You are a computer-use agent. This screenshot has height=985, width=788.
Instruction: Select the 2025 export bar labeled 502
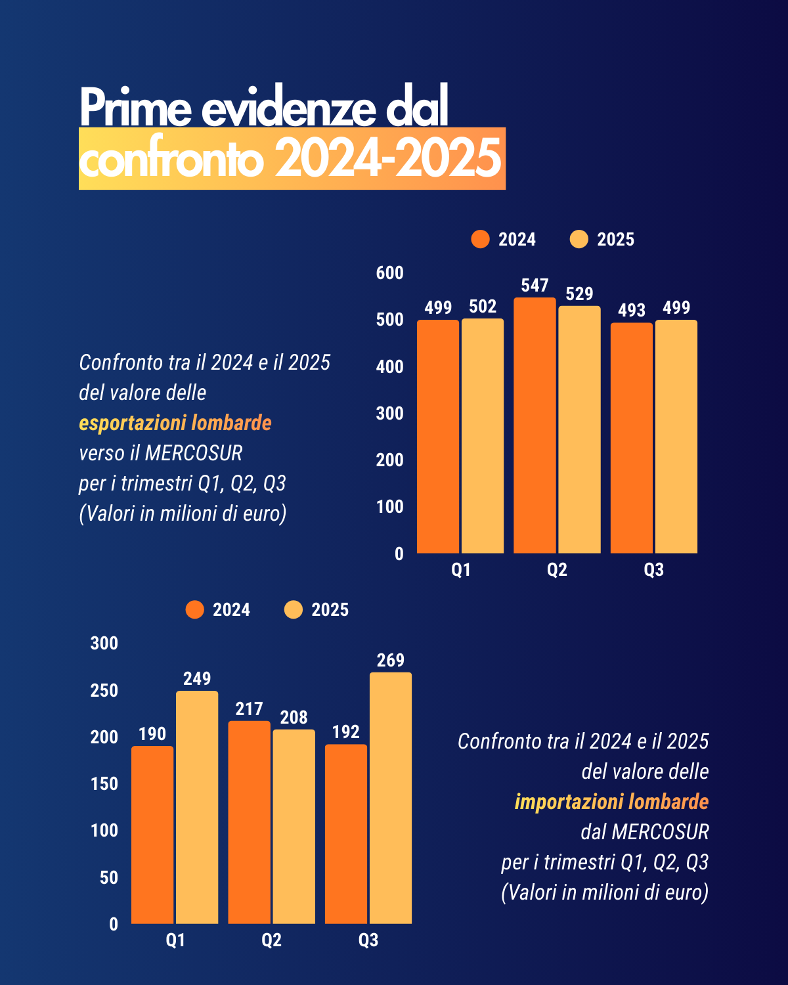(483, 436)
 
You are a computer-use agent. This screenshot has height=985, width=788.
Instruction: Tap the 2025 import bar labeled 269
(391, 798)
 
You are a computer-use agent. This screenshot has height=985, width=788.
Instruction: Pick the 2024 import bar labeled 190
(152, 835)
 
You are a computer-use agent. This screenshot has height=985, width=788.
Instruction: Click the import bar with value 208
(294, 827)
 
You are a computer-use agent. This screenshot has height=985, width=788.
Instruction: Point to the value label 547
(535, 286)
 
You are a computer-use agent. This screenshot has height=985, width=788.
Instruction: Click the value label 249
(197, 678)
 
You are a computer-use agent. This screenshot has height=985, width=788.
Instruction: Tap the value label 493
(632, 310)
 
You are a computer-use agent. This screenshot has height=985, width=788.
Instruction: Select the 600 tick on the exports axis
(389, 273)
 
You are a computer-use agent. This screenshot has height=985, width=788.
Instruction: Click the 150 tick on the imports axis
(104, 783)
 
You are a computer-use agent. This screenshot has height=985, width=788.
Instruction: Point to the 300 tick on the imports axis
(104, 644)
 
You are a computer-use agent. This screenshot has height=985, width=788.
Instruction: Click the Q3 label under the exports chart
(653, 570)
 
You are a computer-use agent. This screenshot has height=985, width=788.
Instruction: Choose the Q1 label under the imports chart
(175, 940)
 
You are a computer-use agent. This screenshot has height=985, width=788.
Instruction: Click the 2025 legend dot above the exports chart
(579, 240)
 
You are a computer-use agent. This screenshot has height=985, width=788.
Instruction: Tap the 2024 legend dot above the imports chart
(195, 610)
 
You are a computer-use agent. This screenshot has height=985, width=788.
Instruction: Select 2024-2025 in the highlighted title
(388, 159)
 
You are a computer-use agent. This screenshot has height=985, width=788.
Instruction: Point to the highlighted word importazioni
(569, 802)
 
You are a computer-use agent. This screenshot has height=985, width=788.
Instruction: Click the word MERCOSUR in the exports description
(194, 453)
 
